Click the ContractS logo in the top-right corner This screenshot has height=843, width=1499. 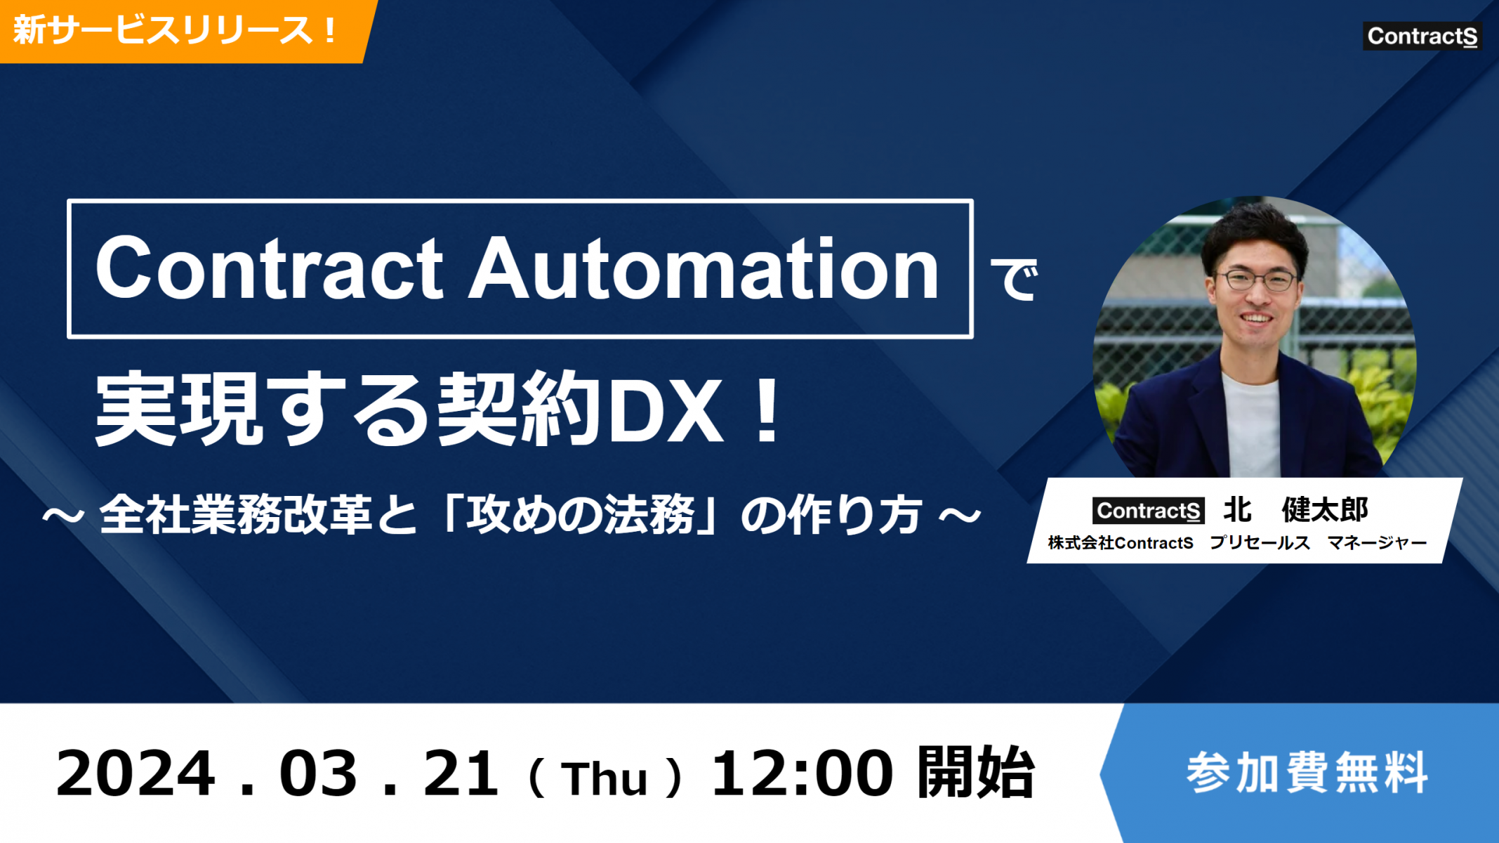(x=1422, y=36)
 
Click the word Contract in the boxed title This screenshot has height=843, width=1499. (x=269, y=268)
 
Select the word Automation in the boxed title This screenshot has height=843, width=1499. (x=704, y=268)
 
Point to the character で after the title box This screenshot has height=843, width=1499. (x=1013, y=279)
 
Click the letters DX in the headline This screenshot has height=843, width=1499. (x=666, y=410)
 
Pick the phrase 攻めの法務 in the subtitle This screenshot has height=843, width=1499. (x=581, y=515)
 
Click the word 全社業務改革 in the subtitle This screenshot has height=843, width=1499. (x=236, y=515)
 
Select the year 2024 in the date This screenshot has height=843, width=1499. (x=136, y=773)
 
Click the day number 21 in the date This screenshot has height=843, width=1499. (x=461, y=773)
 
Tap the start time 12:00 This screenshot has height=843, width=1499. (x=803, y=773)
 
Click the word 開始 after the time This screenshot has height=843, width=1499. (x=976, y=773)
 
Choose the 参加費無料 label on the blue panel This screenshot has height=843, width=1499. (x=1307, y=773)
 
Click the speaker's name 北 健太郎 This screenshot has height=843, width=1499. (x=1296, y=510)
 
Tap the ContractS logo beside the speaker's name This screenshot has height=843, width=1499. (x=1148, y=511)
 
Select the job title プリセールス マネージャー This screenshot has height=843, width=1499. (x=1319, y=543)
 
